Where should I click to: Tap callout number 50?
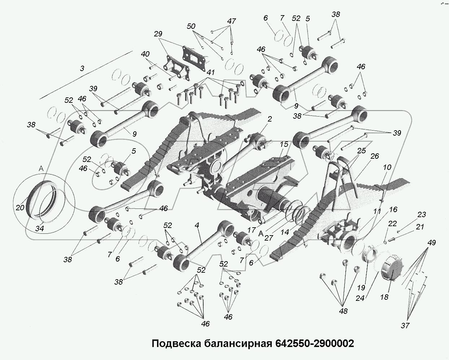coord(191,26)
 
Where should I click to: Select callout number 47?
coord(231,21)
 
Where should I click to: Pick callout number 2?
coord(270,119)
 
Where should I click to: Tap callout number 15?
coord(284,144)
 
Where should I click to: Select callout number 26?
coord(375,156)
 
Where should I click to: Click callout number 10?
coord(387,167)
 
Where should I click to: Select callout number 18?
coord(384,297)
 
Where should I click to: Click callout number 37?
coord(405,325)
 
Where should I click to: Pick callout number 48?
coord(343,311)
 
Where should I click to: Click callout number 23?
coord(421,214)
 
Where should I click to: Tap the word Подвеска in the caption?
coord(175,343)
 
